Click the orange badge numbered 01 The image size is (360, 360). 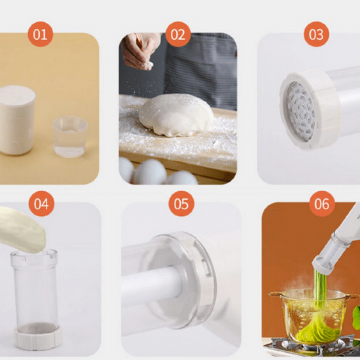pyautogui.click(x=41, y=34)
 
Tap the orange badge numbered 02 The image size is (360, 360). pyautogui.click(x=178, y=34)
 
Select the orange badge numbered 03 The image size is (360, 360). pyautogui.click(x=316, y=34)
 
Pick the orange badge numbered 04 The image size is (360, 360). pyautogui.click(x=41, y=204)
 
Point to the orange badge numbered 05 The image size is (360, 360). pyautogui.click(x=181, y=204)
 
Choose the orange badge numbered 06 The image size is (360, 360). pyautogui.click(x=322, y=204)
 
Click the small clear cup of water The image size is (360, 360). pyautogui.click(x=70, y=137)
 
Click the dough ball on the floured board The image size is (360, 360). pyautogui.click(x=176, y=115)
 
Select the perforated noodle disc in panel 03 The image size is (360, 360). pyautogui.click(x=300, y=111)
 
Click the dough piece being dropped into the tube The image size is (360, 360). pyautogui.click(x=22, y=230)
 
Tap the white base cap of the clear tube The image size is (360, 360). pyautogui.click(x=38, y=338)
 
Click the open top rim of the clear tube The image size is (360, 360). pyautogui.click(x=34, y=254)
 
